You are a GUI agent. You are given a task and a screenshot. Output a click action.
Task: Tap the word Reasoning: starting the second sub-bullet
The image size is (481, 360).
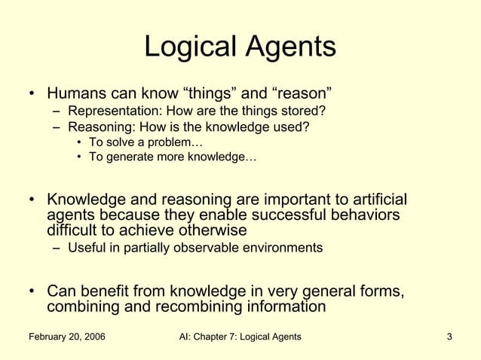coord(98,127)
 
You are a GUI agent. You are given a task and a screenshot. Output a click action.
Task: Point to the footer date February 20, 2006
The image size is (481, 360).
coord(67,336)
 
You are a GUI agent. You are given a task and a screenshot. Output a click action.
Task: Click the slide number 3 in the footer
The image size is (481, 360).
coord(449,336)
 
